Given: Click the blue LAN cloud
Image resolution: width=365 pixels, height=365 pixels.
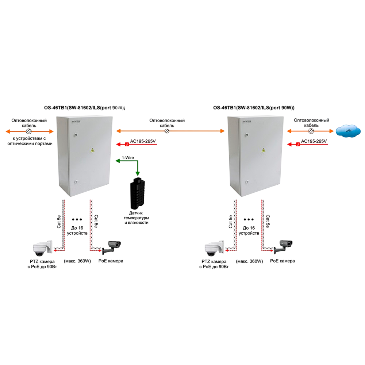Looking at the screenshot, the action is tap(348, 130).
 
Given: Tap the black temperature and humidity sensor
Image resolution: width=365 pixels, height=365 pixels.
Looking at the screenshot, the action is tap(137, 193).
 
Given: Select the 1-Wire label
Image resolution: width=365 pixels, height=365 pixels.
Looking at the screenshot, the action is tap(128, 158).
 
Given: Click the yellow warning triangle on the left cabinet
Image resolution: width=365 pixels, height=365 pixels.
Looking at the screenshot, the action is tap(92, 150).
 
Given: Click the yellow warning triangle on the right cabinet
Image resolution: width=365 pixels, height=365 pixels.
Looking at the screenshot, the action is tap(263, 150).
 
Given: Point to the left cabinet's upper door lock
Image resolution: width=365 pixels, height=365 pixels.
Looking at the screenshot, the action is tap(76, 134).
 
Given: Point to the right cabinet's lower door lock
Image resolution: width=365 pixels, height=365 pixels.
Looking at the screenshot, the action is tap(247, 181).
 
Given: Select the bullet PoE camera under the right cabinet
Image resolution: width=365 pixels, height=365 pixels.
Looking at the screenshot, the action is tap(283, 247).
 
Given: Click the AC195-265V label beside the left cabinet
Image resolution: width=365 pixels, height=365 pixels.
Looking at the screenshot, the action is tap(143, 141).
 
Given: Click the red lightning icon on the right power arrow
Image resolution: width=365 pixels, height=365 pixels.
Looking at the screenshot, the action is tap(298, 144).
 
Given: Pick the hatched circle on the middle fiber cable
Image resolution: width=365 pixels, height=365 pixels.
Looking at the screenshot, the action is tap(167, 131).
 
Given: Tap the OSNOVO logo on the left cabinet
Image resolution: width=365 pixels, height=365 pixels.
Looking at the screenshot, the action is tap(76, 122).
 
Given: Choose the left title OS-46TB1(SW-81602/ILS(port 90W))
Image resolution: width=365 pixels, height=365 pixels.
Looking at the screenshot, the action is tap(85, 108).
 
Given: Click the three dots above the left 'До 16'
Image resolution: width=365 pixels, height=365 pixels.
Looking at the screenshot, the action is tap(77, 219).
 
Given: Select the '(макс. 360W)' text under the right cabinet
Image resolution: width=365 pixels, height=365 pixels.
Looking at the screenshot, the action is tap(249, 261).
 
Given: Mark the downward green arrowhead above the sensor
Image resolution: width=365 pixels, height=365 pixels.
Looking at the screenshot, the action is tap(138, 173).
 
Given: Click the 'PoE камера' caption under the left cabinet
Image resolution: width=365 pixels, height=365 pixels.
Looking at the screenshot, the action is tap(111, 261).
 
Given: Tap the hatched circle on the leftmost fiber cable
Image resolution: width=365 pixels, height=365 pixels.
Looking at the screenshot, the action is tap(28, 131).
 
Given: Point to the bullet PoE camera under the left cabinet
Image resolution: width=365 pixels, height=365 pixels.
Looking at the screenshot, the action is tap(111, 247).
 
